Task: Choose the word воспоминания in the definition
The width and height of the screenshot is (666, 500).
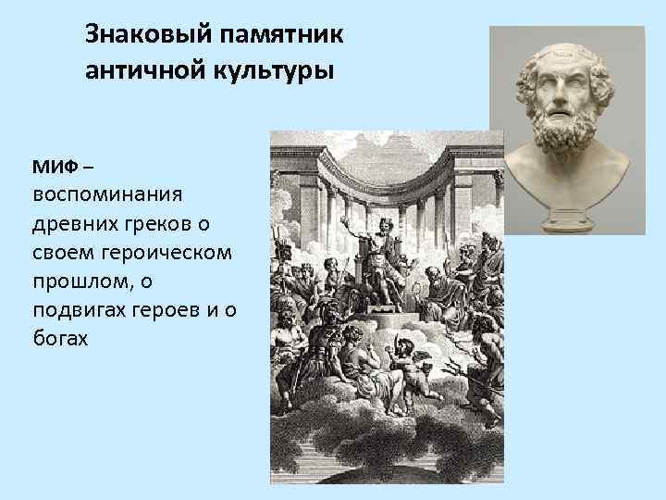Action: tap(108, 195)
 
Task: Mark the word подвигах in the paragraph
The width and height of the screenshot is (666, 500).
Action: tap(77, 310)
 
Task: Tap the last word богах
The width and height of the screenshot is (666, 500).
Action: tap(59, 339)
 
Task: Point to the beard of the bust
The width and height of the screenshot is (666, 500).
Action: tap(565, 139)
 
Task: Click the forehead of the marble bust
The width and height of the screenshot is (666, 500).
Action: tap(565, 63)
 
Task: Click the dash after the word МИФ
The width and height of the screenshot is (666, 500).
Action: tap(87, 168)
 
